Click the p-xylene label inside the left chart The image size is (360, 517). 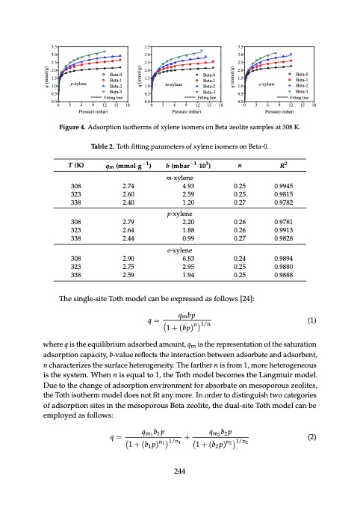tap(80, 85)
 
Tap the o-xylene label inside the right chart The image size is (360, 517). tap(267, 85)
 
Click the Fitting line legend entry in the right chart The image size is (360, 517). tap(299, 98)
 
